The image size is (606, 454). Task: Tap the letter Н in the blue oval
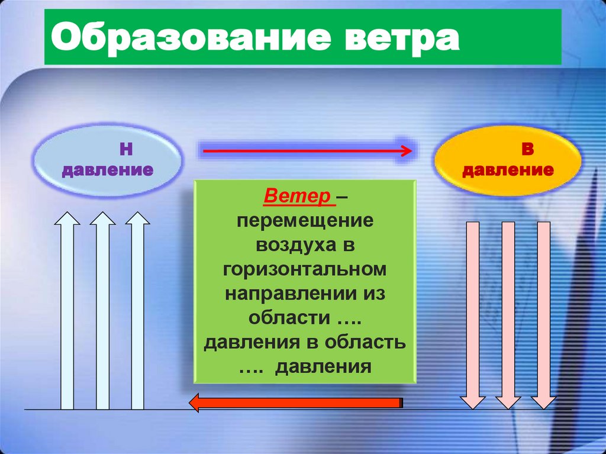(125, 149)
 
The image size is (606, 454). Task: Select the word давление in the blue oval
(108, 170)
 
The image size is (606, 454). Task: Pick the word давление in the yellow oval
(508, 171)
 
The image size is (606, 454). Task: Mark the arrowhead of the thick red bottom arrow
(194, 403)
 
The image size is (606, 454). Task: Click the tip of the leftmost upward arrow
(67, 214)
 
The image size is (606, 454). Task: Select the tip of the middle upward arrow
(102, 214)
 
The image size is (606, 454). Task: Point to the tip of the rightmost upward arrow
(138, 214)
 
